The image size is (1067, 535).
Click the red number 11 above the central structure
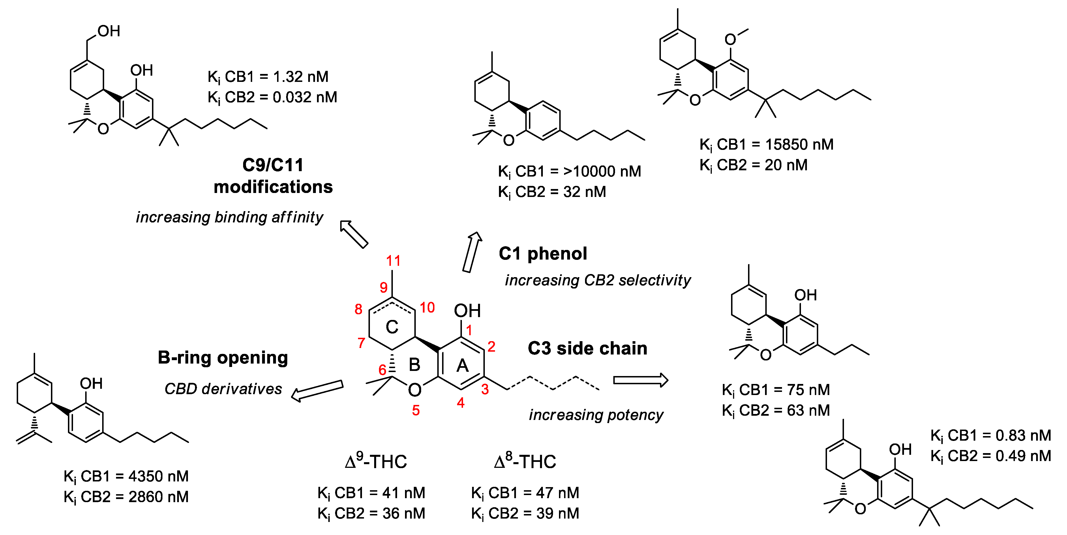pos(393,261)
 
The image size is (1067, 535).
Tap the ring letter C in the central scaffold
pos(392,327)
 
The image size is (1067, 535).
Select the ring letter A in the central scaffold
pos(462,366)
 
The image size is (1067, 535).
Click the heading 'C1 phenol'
pos(543,253)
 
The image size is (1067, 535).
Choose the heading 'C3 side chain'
pos(587,348)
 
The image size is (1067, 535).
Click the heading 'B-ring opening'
pos(223,358)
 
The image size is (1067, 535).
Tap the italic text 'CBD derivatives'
pos(223,389)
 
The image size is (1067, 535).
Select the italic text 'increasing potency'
pos(596,415)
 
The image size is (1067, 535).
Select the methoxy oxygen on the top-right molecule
pos(730,40)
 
